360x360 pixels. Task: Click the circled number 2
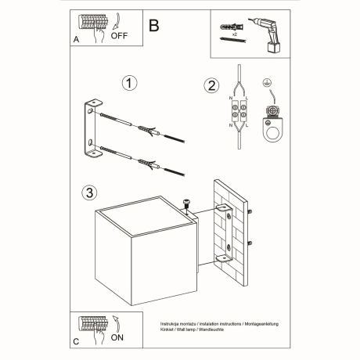[210, 86]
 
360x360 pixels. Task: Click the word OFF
[119, 35]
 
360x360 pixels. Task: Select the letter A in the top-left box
[75, 37]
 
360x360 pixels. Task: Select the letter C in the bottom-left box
[75, 341]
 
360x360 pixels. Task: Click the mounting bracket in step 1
[93, 129]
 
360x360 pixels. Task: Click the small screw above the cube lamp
[186, 203]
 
